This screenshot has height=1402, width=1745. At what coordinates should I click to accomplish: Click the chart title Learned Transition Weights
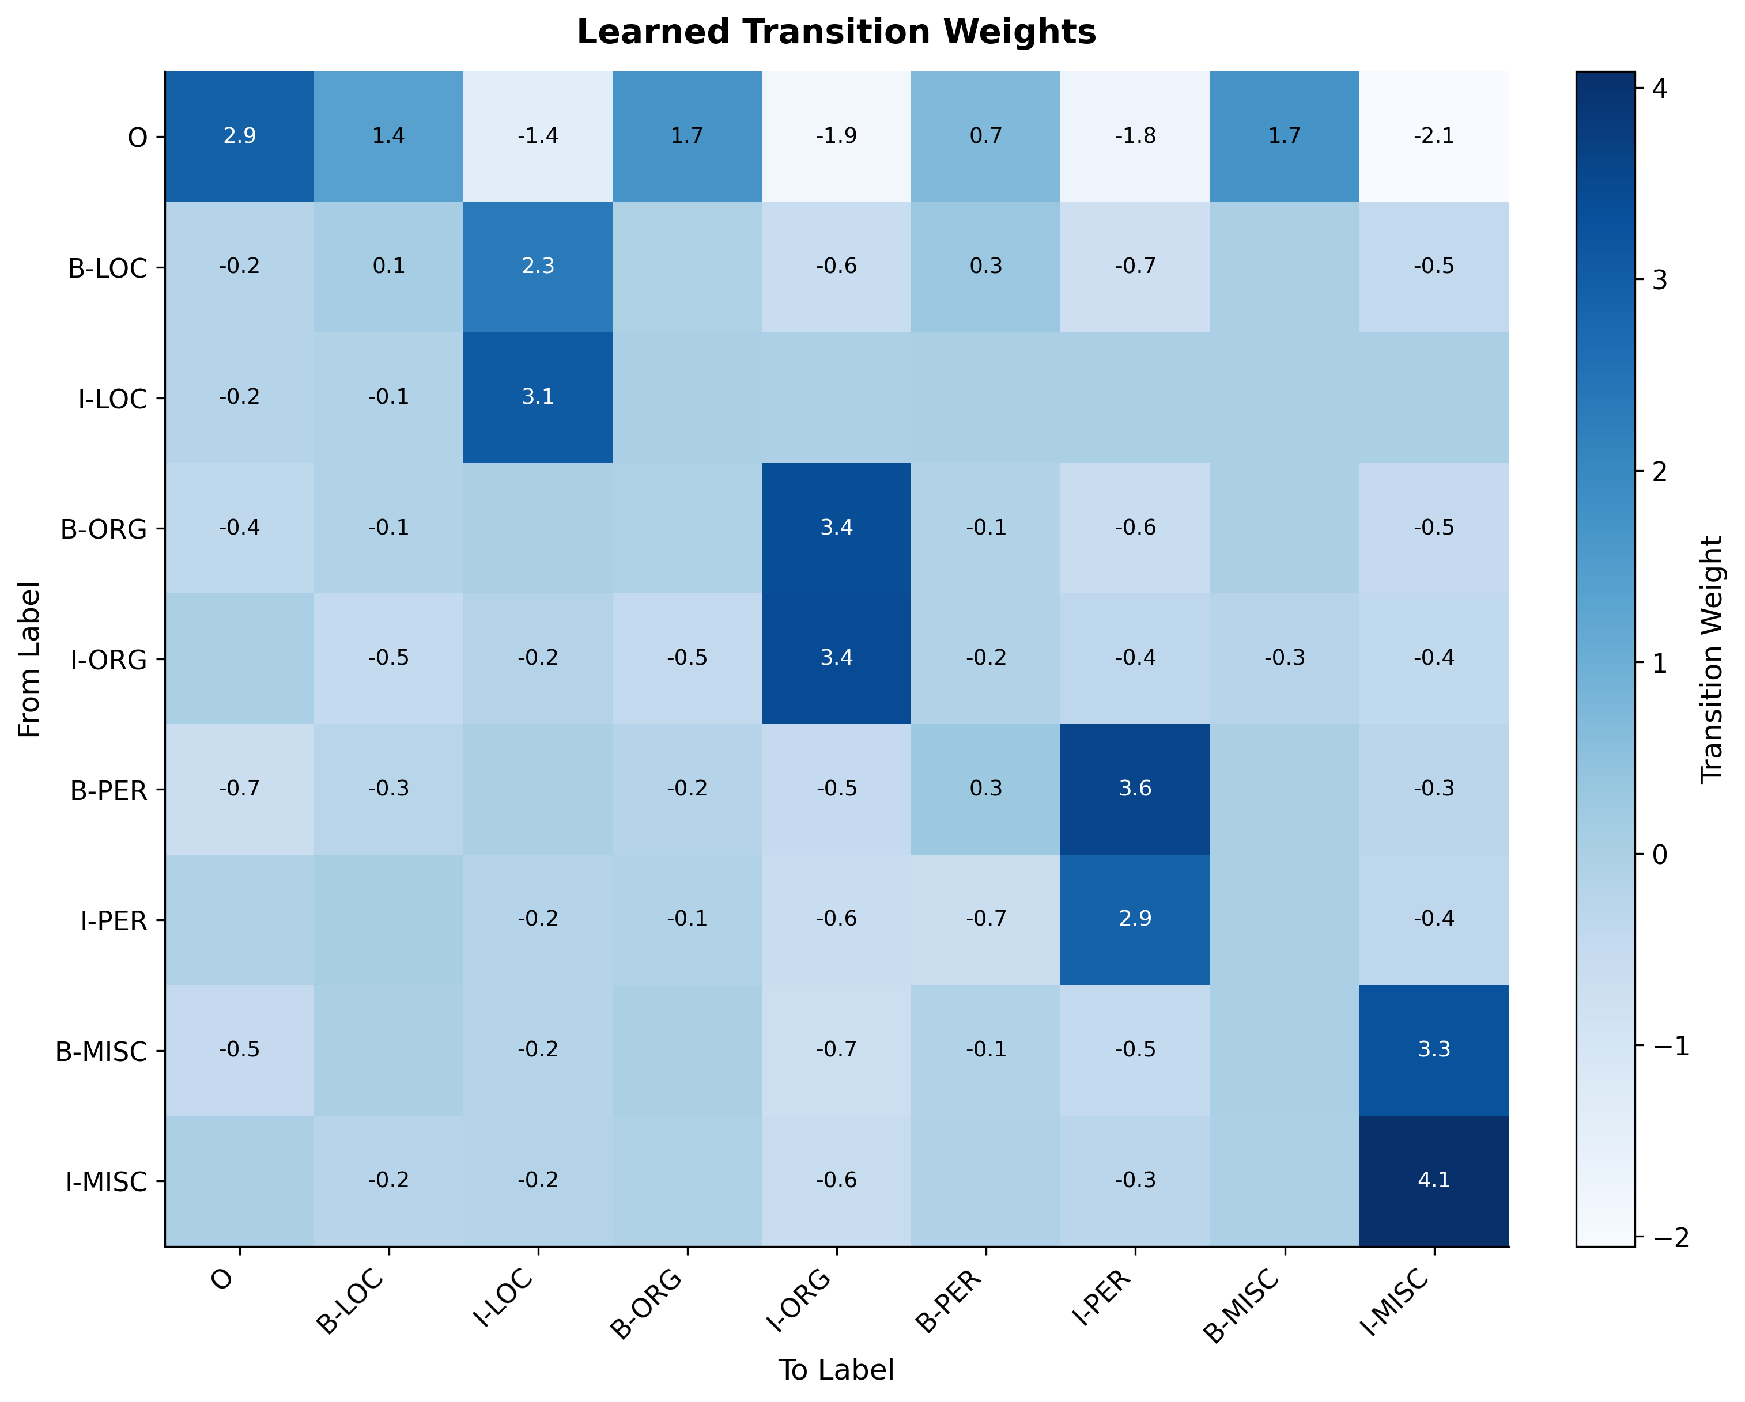[x=836, y=32]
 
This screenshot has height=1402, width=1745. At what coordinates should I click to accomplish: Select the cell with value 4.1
[x=1433, y=1180]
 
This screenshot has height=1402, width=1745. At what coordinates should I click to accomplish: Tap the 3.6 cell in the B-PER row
[x=1135, y=789]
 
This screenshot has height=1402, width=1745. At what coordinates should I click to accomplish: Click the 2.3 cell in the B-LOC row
[x=538, y=266]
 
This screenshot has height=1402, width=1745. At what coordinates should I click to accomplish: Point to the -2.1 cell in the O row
[x=1433, y=136]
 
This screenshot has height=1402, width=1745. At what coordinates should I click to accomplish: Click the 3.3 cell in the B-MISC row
[x=1433, y=1050]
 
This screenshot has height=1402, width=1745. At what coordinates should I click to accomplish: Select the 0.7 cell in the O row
[x=986, y=136]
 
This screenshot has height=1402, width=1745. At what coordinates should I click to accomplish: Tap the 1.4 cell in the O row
[x=388, y=136]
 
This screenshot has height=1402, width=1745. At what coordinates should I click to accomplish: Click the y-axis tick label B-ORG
[x=104, y=530]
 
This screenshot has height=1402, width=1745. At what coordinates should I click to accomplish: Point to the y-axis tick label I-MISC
[x=107, y=1183]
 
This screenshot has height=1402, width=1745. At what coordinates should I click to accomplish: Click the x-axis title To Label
[x=836, y=1370]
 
